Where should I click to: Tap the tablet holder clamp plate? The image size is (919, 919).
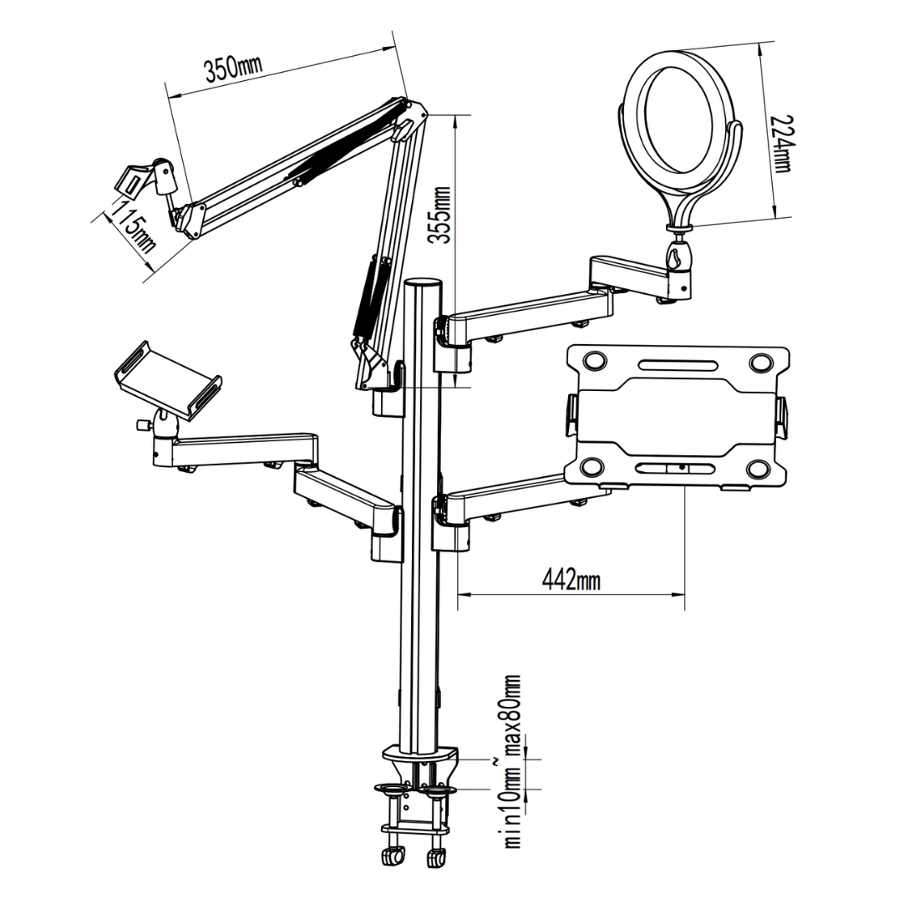click(167, 379)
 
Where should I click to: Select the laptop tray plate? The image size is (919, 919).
click(676, 415)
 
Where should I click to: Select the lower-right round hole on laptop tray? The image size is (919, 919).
click(759, 467)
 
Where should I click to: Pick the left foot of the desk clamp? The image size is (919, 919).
click(391, 857)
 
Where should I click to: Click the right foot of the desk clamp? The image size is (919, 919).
click(435, 857)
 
